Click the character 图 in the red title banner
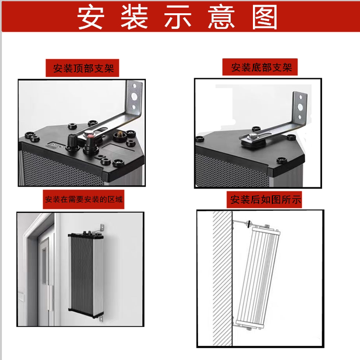[265, 18]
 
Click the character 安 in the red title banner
[91, 18]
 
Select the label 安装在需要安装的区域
[84, 199]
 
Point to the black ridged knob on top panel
[72, 140]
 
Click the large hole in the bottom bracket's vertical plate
[300, 107]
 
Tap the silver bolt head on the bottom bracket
[253, 136]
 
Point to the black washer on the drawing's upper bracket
[248, 223]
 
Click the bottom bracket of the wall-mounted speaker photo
[101, 319]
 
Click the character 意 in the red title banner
[221, 18]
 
